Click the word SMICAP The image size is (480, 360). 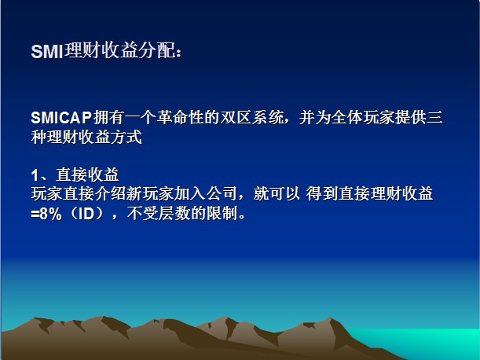61,117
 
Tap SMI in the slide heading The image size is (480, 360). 47,51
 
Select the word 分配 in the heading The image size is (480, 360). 157,50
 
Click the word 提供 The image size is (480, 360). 411,117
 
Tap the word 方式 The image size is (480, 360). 126,137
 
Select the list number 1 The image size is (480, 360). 35,175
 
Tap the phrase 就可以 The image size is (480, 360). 277,194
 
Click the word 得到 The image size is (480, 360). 321,194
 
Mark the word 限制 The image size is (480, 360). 222,213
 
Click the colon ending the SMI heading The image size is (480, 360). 179,53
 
